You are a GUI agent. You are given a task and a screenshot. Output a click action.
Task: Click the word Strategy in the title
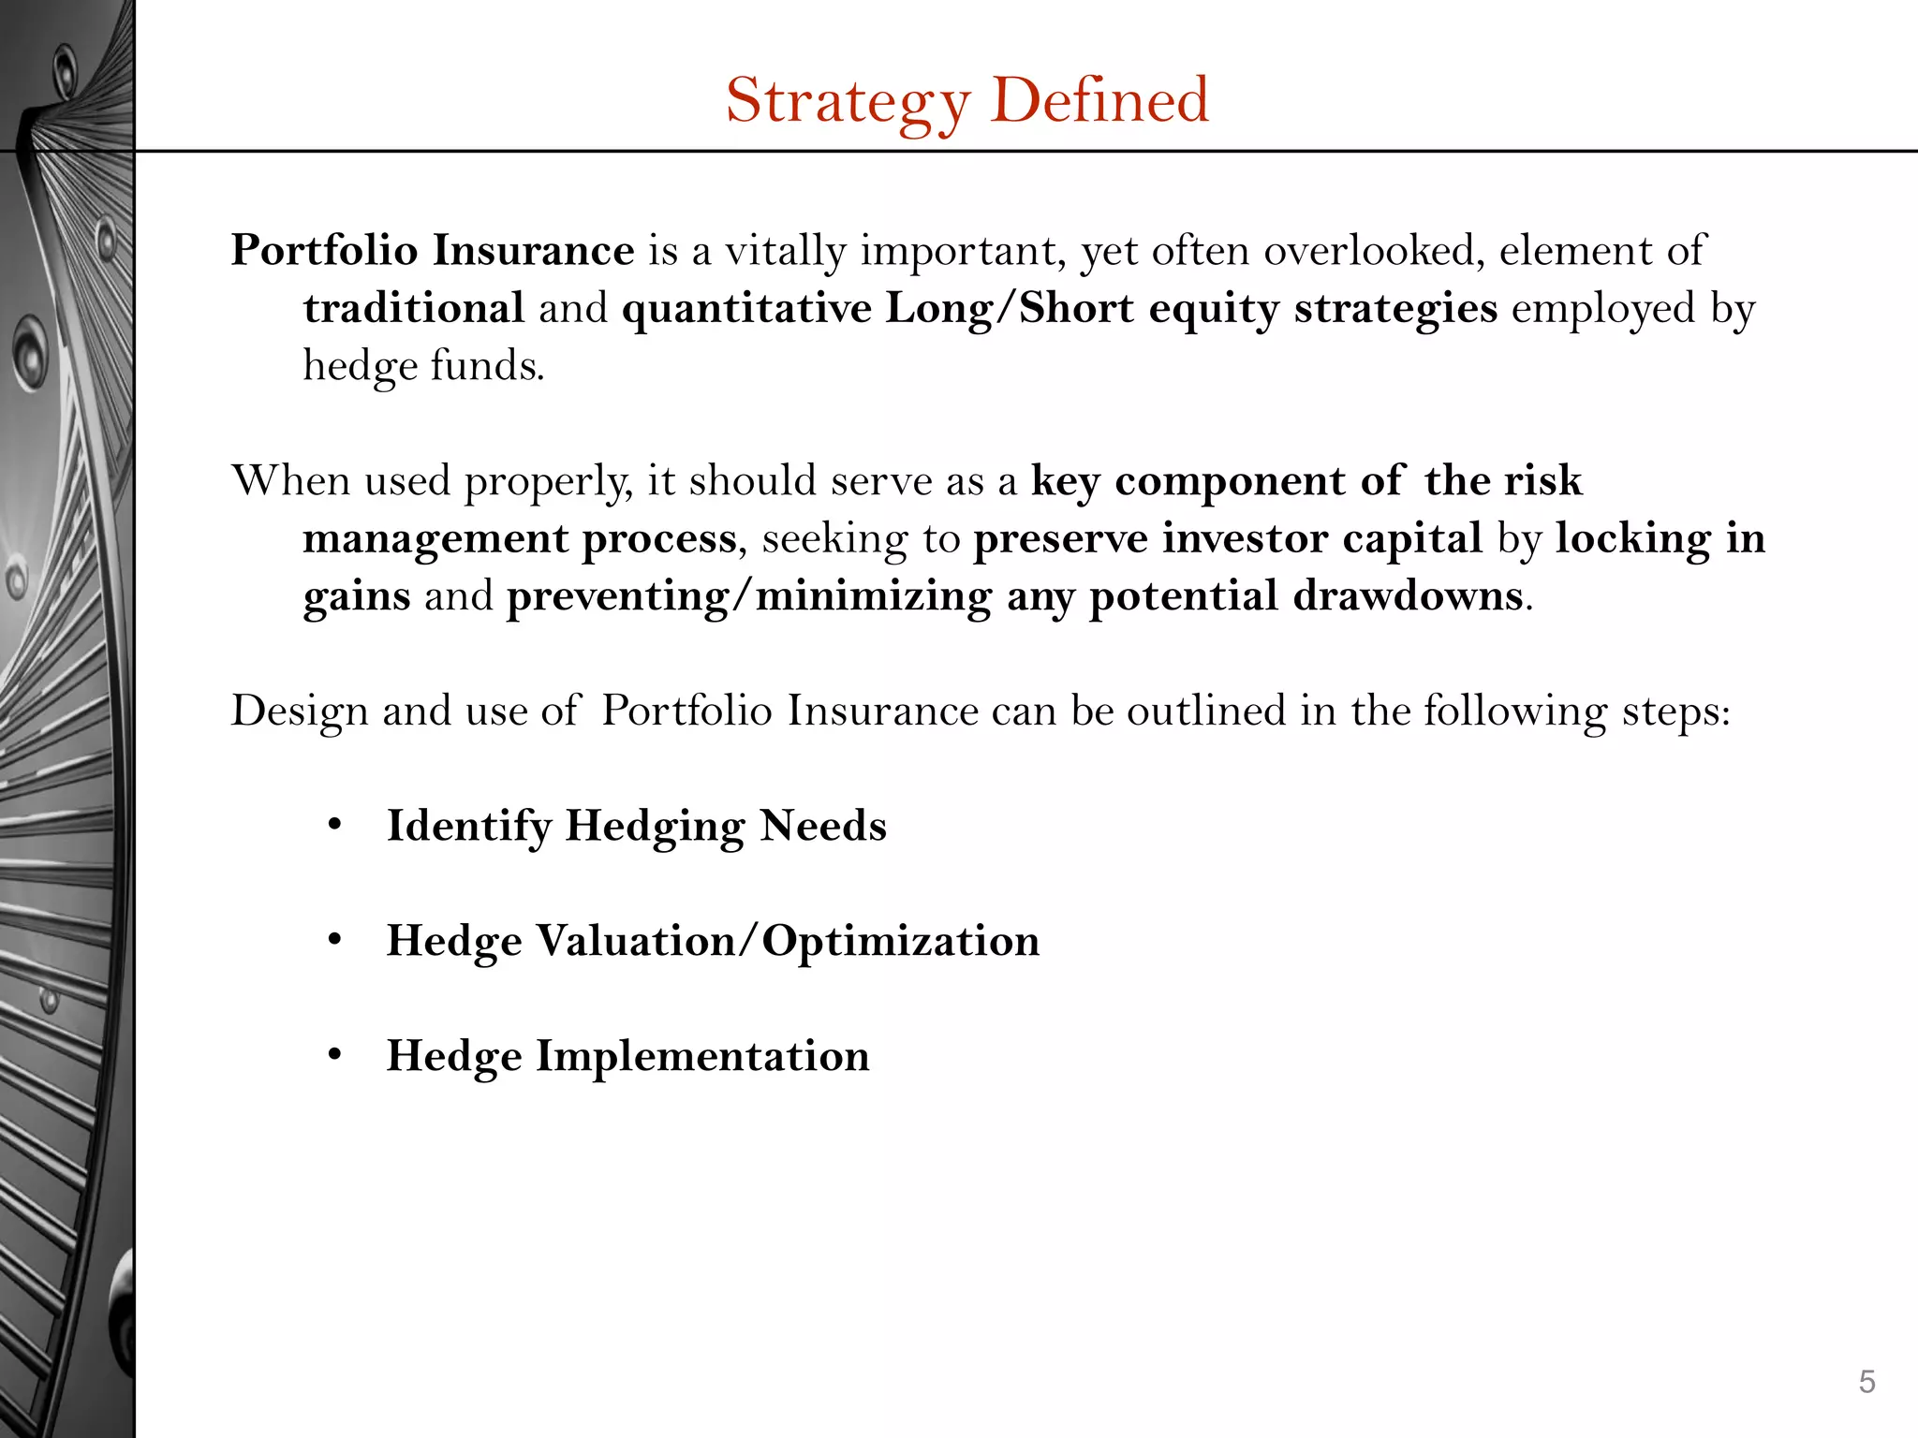[x=848, y=101]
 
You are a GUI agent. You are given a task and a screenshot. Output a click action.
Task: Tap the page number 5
[x=1866, y=1381]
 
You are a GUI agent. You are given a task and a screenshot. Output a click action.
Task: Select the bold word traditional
[x=413, y=308]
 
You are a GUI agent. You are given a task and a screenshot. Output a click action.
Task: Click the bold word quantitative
[x=746, y=310]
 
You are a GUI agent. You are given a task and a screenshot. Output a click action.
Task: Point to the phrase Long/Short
[x=1010, y=308]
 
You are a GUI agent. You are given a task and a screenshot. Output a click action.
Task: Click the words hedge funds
[x=423, y=365]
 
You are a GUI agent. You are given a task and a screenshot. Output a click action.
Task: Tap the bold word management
[x=435, y=539]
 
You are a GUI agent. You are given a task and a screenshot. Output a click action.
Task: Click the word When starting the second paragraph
[x=290, y=480]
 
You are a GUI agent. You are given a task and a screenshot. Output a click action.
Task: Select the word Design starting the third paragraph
[x=300, y=712]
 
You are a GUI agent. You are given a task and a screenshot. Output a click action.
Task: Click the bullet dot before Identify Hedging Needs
[x=335, y=826]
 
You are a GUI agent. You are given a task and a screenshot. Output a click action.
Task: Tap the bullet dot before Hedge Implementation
[x=335, y=1056]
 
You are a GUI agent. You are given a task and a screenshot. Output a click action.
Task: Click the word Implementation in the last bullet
[x=702, y=1056]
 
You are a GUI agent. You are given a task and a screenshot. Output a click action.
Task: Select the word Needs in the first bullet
[x=823, y=826]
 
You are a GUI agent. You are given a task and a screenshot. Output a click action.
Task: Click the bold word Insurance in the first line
[x=533, y=251]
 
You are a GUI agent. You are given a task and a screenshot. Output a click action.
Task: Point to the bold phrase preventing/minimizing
[x=748, y=596]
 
